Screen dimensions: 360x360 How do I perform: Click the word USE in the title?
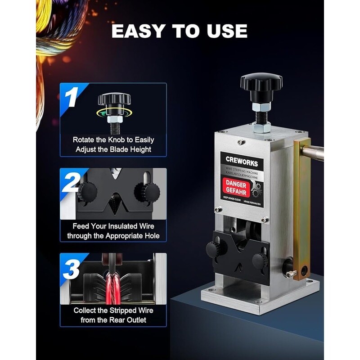[228, 31]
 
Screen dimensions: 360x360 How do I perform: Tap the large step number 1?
[72, 97]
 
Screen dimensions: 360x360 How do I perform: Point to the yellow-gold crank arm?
[301, 202]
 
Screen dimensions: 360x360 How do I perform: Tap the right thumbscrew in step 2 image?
[147, 192]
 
